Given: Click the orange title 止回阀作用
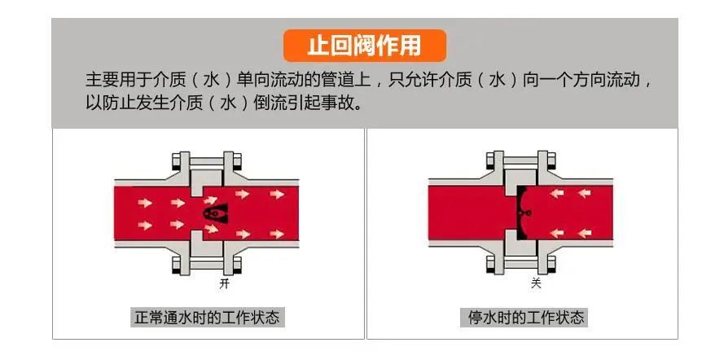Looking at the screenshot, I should click(x=364, y=46).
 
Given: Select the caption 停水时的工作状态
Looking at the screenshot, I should click(x=522, y=317).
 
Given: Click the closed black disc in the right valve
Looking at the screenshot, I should click(x=520, y=213).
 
